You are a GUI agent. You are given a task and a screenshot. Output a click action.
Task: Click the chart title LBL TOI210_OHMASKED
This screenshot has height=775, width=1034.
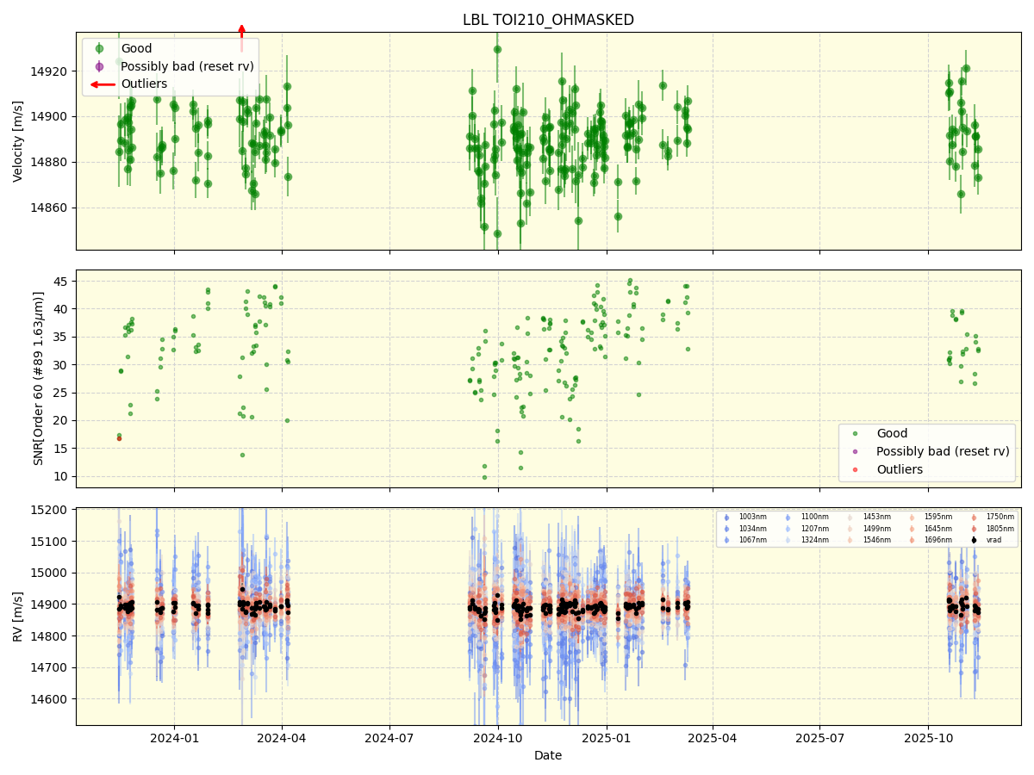(548, 20)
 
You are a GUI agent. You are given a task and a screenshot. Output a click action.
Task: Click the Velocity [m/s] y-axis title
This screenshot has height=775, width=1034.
(18, 141)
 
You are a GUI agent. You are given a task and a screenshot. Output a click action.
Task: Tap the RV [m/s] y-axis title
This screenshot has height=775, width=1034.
(18, 617)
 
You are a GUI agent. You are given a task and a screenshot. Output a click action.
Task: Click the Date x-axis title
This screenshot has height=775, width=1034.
(548, 755)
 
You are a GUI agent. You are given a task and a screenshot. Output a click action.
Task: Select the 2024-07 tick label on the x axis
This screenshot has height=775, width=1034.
(389, 738)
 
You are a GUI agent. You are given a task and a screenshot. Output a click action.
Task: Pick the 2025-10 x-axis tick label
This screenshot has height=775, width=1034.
(928, 738)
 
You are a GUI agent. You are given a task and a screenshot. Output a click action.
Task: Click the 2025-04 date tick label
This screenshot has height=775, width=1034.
(713, 738)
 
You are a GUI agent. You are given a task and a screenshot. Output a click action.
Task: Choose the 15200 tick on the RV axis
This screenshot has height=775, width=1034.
(50, 510)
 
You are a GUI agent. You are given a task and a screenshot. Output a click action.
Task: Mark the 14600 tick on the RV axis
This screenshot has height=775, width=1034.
(50, 699)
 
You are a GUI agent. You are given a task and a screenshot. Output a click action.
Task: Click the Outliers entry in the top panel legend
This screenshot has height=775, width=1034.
(144, 84)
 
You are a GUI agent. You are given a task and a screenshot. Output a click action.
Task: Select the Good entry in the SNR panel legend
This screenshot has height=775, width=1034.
(892, 434)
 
